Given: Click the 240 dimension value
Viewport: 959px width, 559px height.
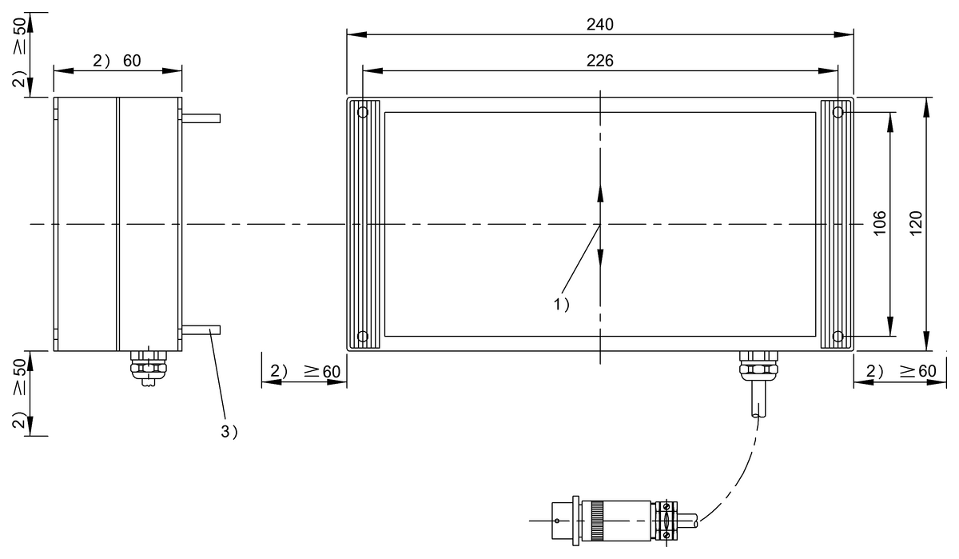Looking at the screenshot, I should coord(599,25).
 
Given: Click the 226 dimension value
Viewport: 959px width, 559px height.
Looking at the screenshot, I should coord(599,61).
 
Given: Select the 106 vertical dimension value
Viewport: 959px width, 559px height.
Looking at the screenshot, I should coord(880,225).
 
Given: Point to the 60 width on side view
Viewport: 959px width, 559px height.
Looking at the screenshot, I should coord(132,61).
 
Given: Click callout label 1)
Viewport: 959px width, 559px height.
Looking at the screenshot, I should coord(561,304).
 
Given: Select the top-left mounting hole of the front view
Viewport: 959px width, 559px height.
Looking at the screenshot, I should coord(363,113).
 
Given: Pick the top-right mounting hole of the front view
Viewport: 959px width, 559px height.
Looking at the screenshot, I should coord(837,113).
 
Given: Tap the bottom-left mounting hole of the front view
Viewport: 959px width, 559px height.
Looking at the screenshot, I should coord(363,336).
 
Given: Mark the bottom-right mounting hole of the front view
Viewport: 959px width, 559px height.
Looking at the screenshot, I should coord(837,336).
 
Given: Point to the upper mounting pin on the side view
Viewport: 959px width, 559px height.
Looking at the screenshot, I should coord(201,118).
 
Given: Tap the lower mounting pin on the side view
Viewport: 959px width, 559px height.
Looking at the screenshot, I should coord(201,329).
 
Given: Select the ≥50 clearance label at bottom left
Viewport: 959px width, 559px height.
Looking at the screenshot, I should coord(18,384).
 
